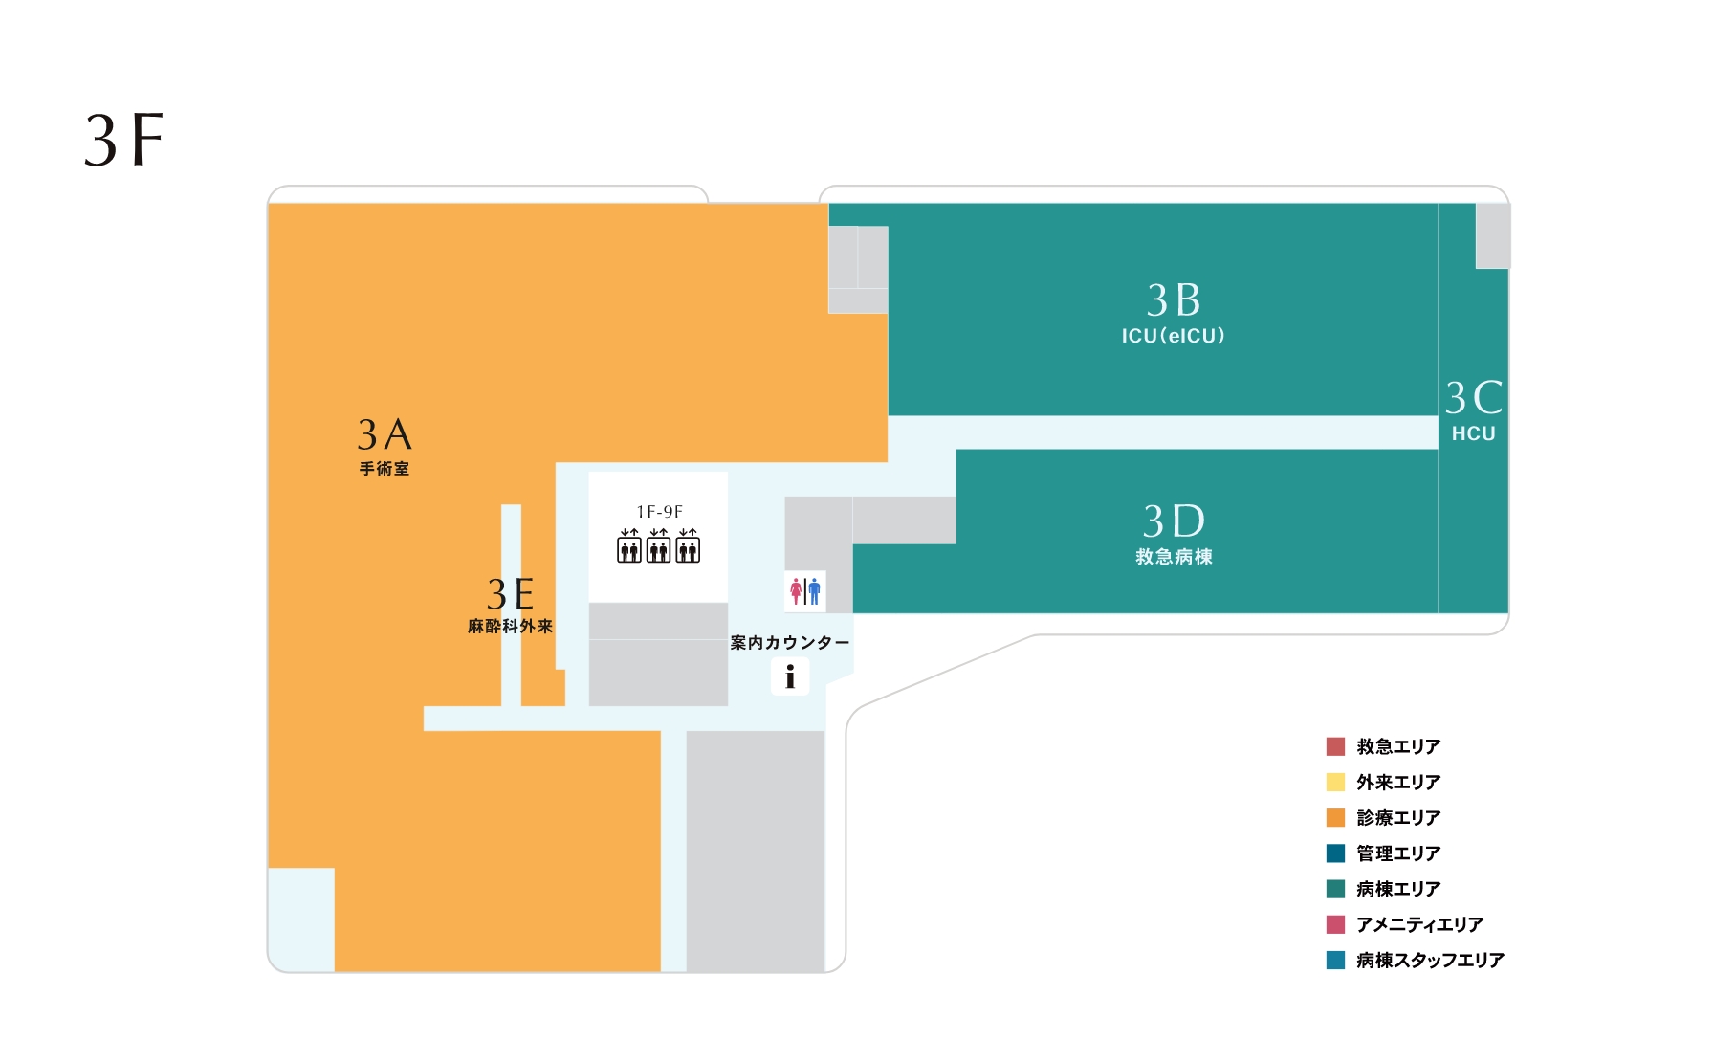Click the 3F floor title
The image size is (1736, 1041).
(124, 140)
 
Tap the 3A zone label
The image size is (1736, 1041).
(385, 434)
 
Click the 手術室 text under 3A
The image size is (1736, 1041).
(385, 469)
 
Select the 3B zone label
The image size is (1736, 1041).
(1174, 299)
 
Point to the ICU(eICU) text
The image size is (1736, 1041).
(1174, 336)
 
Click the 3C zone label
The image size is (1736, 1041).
(1474, 397)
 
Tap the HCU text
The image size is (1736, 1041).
(1473, 433)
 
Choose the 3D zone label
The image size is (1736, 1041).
(1174, 521)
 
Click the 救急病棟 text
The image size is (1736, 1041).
(1174, 557)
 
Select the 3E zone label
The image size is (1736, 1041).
(511, 594)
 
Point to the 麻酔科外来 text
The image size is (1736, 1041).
(511, 627)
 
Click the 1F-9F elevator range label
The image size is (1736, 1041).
(659, 512)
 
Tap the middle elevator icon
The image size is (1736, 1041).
(659, 545)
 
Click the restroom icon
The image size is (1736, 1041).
(805, 591)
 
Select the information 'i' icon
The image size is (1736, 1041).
(790, 677)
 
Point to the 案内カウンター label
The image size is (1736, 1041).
(790, 643)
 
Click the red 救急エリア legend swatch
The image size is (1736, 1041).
(1335, 746)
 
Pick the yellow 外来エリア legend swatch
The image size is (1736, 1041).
(1335, 782)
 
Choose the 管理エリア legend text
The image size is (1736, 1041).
(1398, 853)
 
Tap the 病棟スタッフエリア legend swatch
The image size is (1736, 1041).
(1335, 960)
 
